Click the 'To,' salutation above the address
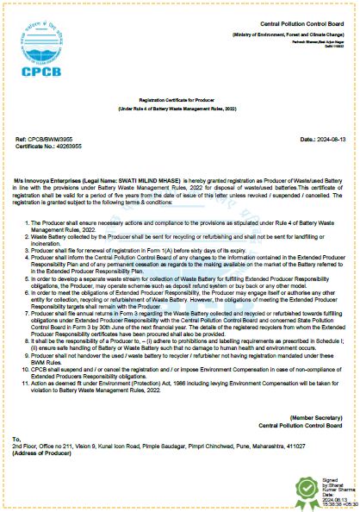point(16,439)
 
